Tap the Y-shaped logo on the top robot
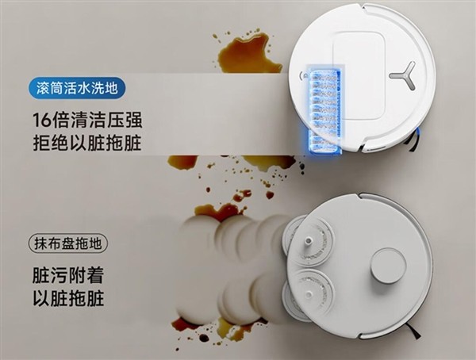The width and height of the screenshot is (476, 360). coord(403,75)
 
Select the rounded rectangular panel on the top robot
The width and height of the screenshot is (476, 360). coord(359,75)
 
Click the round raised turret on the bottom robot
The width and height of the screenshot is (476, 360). coord(388,265)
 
